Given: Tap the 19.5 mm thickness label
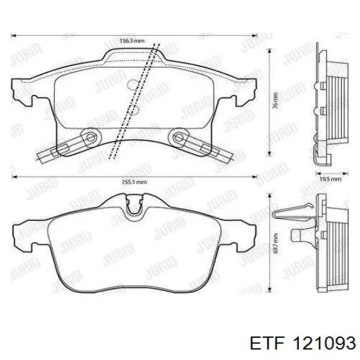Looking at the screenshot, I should (331, 179).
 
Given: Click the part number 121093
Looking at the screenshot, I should (325, 343).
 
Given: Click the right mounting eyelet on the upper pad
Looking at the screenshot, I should (178, 138).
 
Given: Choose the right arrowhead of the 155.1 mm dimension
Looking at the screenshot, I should (253, 178).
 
